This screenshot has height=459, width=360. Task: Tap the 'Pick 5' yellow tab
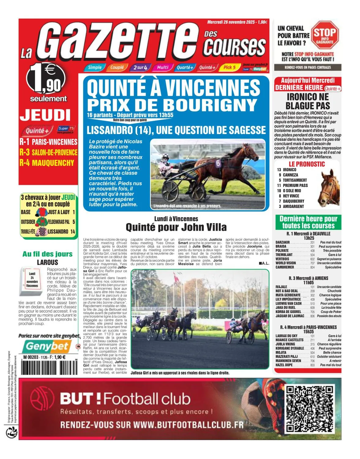(229, 67)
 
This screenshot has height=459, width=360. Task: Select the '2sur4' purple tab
(141, 67)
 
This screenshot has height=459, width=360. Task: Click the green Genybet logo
(47, 346)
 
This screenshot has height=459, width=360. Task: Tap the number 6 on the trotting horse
(218, 163)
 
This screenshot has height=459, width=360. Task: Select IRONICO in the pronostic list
(290, 170)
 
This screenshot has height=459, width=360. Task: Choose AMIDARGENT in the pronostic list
(293, 206)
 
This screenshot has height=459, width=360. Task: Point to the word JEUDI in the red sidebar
(45, 115)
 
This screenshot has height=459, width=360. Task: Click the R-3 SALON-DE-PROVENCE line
(48, 152)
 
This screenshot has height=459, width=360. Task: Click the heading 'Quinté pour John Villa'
(176, 227)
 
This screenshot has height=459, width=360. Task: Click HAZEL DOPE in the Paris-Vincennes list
(284, 365)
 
